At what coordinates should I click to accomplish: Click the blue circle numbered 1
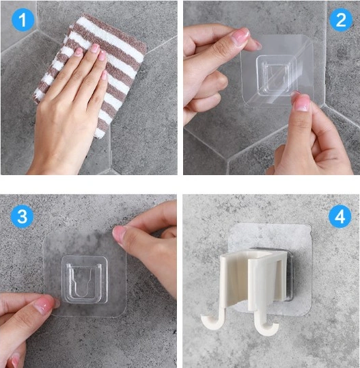(23, 20)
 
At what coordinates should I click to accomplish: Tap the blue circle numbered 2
(341, 20)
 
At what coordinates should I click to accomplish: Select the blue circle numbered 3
(23, 216)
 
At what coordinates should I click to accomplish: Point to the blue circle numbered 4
(340, 216)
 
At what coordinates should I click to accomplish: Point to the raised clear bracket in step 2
(277, 75)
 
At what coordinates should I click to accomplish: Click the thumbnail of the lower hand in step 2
(302, 103)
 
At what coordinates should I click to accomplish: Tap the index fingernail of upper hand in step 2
(240, 35)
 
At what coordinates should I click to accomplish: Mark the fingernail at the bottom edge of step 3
(14, 360)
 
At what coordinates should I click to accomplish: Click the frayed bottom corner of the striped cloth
(100, 134)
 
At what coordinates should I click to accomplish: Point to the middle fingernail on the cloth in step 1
(95, 48)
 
